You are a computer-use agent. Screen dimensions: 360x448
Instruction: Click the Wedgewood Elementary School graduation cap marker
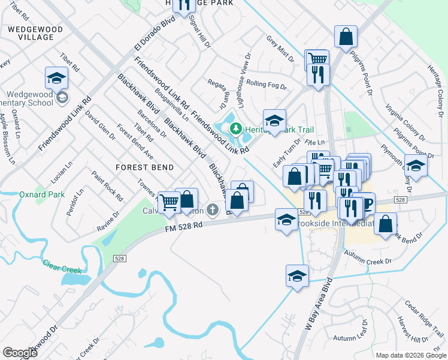[x=56, y=79]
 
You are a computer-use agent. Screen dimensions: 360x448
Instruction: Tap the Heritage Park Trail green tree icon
[x=236, y=128]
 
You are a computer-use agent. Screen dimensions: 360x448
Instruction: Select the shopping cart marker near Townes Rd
[x=169, y=202]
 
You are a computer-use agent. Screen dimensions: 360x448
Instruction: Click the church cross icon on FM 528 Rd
[x=211, y=209]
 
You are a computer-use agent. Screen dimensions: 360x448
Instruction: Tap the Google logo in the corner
[x=20, y=353]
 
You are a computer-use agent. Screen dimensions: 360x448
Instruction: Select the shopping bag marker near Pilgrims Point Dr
[x=346, y=37]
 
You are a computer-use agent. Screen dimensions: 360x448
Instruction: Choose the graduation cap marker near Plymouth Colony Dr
[x=416, y=165]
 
